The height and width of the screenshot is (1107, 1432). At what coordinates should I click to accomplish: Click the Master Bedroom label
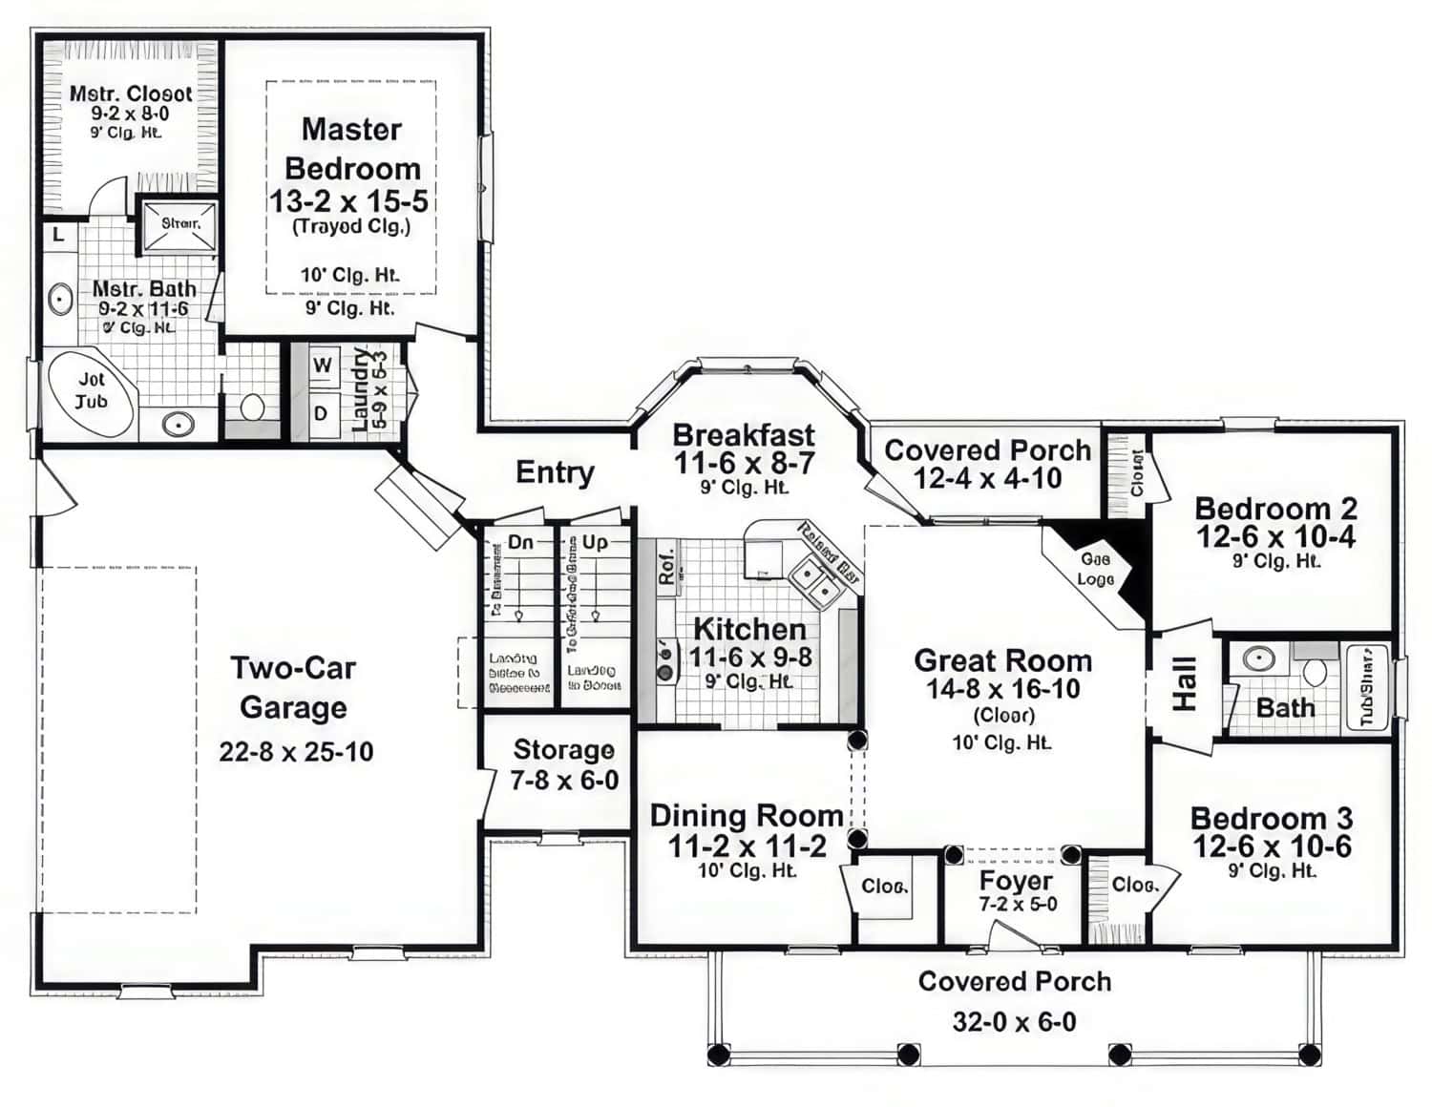[x=351, y=149]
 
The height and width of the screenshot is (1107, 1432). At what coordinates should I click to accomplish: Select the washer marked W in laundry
[x=323, y=365]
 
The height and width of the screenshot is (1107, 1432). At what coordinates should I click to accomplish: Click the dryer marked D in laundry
[x=322, y=414]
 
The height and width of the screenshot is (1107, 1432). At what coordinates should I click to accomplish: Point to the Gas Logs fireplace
[x=1095, y=570]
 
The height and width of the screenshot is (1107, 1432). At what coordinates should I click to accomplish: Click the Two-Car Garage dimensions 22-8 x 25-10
[x=296, y=752]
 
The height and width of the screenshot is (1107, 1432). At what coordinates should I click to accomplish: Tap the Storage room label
[x=563, y=750]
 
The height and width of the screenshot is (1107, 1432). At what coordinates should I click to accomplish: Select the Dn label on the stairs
[x=520, y=542]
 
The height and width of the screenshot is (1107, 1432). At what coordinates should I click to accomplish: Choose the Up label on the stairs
[x=595, y=542]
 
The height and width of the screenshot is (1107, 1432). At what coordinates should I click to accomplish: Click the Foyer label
[x=1016, y=881]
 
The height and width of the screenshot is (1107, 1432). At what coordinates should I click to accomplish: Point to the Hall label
[x=1184, y=683]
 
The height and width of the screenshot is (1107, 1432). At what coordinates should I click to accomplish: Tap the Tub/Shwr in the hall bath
[x=1367, y=687]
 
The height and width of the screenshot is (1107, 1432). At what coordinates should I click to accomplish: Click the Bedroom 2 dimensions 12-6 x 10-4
[x=1275, y=537]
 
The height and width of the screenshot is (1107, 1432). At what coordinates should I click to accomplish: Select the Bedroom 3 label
[x=1271, y=819]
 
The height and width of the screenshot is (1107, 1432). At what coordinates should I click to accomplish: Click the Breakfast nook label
[x=744, y=435]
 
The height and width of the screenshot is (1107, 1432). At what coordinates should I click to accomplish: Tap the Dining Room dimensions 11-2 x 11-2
[x=747, y=846]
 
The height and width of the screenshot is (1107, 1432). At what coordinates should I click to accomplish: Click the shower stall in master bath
[x=179, y=225]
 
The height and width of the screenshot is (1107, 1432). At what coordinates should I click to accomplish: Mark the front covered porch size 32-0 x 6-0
[x=1014, y=1022]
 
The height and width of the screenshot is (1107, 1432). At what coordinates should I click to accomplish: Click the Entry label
[x=555, y=472]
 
